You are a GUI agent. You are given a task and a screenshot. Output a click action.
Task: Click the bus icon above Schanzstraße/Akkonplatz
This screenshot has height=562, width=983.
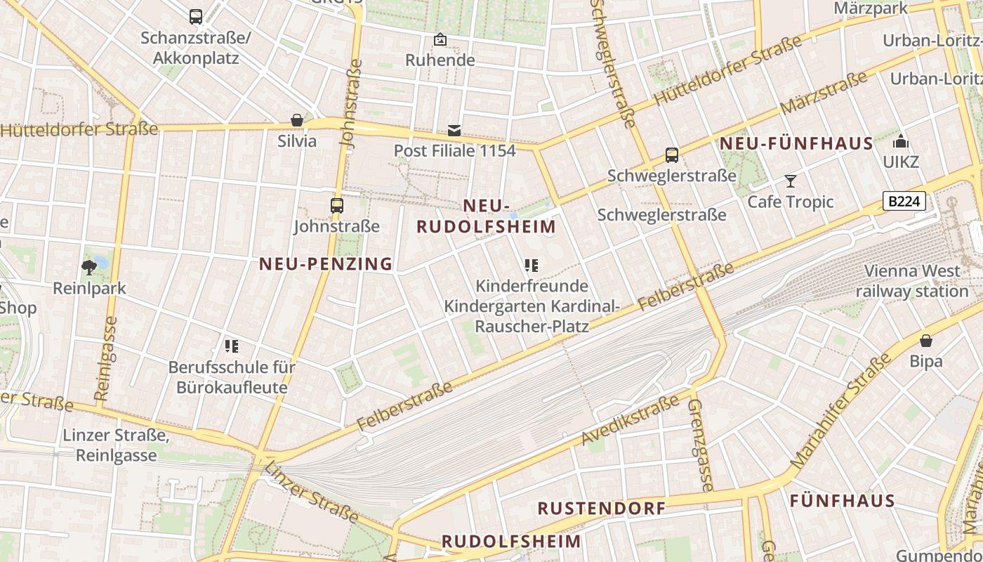tap(196, 16)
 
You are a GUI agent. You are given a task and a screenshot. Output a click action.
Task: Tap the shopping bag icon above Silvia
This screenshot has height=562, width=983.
tap(297, 120)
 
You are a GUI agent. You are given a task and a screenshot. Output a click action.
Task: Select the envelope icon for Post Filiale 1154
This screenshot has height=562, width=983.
tap(454, 130)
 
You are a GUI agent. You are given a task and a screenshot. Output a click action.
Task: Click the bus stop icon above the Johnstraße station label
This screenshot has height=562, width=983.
tap(337, 206)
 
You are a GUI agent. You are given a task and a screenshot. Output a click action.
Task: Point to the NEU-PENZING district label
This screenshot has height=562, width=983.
tap(326, 264)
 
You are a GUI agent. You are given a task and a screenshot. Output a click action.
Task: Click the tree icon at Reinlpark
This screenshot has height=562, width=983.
tap(89, 267)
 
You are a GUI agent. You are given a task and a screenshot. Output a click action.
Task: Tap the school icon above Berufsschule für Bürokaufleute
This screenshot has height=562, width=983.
tap(232, 346)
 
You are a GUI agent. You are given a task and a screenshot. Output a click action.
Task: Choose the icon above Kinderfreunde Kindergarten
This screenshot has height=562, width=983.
tap(532, 266)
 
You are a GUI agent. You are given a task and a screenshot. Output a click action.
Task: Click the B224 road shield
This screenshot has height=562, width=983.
tap(904, 202)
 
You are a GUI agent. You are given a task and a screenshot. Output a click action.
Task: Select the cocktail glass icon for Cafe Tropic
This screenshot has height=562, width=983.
tap(791, 181)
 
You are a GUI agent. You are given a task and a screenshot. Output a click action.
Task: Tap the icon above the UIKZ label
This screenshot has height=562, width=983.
tap(901, 142)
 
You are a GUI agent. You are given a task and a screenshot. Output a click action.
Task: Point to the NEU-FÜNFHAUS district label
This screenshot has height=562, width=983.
tap(796, 144)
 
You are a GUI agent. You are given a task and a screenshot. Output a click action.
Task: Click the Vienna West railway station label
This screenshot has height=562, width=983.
tap(911, 281)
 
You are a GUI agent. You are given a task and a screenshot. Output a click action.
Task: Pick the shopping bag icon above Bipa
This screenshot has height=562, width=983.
tap(926, 341)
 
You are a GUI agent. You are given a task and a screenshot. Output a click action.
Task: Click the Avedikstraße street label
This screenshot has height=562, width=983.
tap(630, 421)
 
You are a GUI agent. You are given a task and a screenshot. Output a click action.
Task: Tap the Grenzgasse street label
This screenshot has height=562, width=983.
tap(700, 445)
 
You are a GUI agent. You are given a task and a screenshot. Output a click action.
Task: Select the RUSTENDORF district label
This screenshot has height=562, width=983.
tap(601, 509)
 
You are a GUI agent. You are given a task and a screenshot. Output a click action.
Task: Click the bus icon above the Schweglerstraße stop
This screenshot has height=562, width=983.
tap(672, 155)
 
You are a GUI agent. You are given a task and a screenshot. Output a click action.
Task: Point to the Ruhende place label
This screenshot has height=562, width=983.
tap(440, 60)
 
